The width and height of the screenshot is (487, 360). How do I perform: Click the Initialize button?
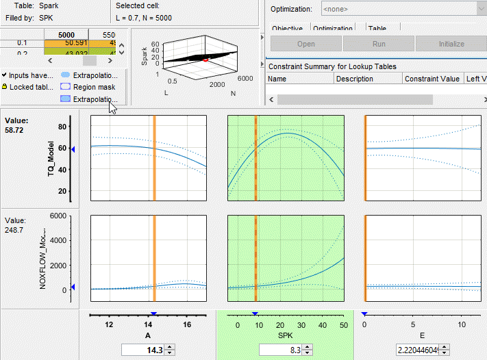(x=451, y=44)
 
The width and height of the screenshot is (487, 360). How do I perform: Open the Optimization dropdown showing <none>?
(x=397, y=9)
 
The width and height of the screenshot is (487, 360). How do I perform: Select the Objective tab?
(x=288, y=29)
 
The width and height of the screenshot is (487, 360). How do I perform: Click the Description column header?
(x=354, y=79)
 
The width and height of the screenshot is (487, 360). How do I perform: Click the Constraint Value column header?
(x=432, y=79)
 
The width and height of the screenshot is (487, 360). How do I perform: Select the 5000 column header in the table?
(x=66, y=34)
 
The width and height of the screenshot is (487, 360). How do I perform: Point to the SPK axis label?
(x=285, y=335)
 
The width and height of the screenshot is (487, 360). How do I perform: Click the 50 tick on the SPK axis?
(x=342, y=325)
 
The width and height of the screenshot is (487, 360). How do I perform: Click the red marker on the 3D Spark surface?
(x=205, y=60)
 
